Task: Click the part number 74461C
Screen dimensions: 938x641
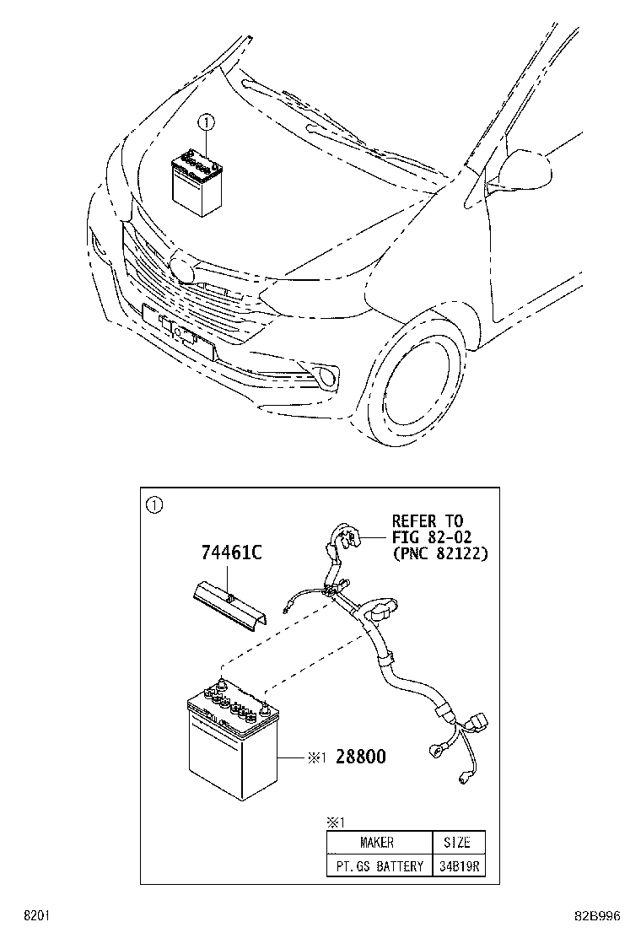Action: (x=231, y=553)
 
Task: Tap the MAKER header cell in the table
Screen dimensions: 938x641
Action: (x=376, y=842)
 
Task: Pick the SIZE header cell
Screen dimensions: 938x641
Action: (x=457, y=842)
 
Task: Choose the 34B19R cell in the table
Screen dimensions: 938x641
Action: (x=457, y=866)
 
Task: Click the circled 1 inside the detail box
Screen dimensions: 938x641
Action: (x=153, y=506)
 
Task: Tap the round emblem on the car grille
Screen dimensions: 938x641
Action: (x=181, y=267)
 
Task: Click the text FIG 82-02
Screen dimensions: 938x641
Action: (x=431, y=537)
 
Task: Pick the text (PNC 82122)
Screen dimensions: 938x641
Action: (x=439, y=553)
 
